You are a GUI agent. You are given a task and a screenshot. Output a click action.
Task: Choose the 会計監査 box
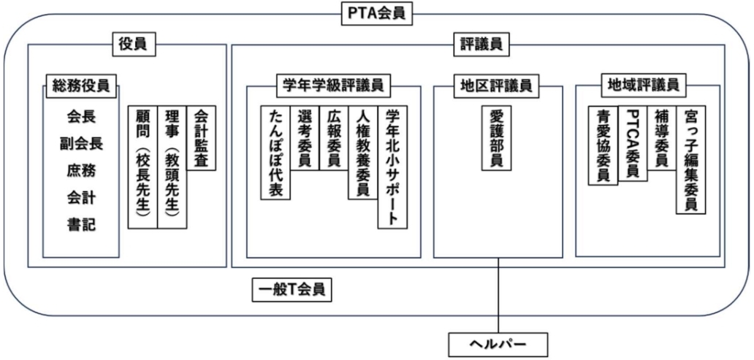[x=202, y=138]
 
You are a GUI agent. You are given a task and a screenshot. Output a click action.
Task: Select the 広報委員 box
[x=334, y=138]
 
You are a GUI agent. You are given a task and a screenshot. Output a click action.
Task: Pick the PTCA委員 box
[x=633, y=143]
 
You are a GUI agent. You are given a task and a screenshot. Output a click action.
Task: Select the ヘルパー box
[x=498, y=342]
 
